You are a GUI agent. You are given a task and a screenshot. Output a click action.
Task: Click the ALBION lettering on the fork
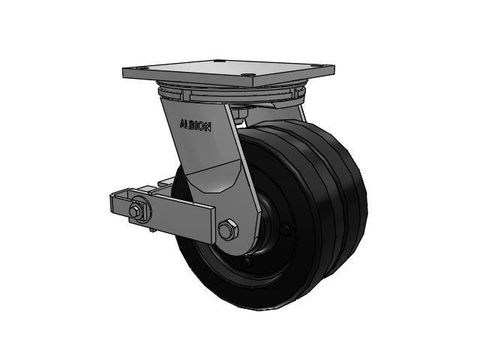195,125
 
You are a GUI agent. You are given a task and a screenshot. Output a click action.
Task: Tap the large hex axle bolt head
228,229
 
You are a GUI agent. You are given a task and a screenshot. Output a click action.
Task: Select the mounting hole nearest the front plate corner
247,75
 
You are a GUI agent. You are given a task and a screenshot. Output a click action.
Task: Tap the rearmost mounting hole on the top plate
217,61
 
